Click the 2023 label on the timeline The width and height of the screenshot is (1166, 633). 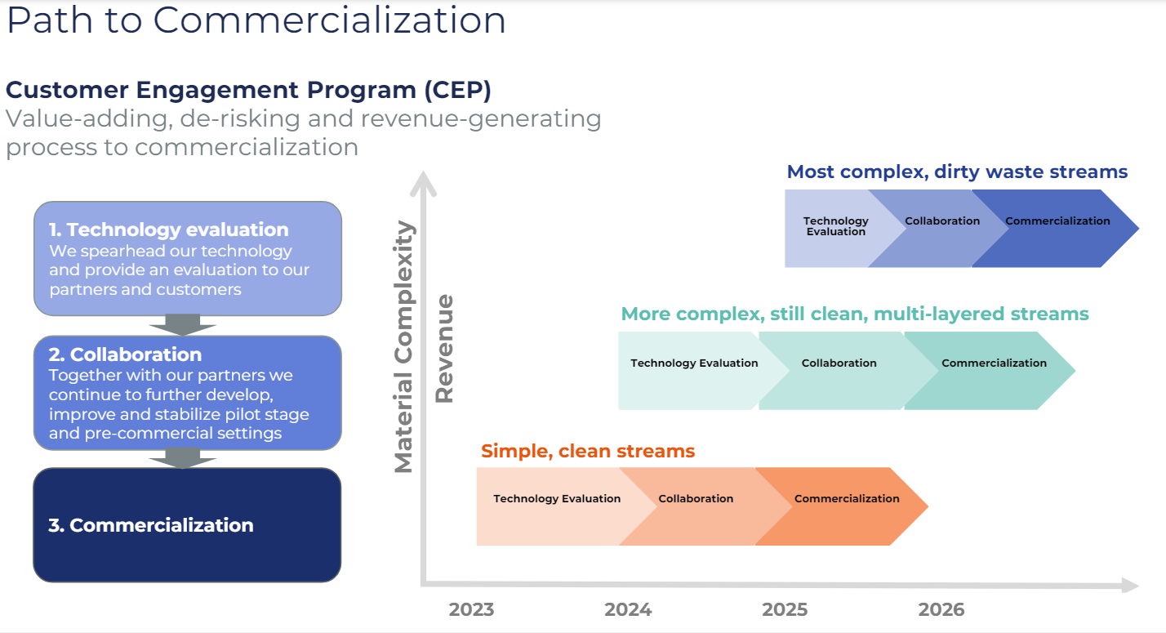pos(471,609)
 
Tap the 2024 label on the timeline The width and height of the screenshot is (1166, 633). pos(628,609)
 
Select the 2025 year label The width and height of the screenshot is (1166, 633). pos(785,609)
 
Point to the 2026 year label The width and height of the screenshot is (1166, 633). pos(941,609)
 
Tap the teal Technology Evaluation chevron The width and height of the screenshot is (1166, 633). pos(697,371)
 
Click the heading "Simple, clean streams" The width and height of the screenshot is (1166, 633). pos(588,451)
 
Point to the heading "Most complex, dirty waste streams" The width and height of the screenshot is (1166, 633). pos(957,172)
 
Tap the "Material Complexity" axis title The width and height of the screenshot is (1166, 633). pos(404,346)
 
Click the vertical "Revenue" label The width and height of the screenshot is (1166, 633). pos(444,349)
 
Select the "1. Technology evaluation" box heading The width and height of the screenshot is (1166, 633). pos(169,230)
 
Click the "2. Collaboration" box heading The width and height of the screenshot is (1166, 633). pos(125,354)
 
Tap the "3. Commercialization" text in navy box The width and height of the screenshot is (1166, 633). pos(151,525)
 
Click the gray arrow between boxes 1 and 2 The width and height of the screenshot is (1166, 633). pos(183,325)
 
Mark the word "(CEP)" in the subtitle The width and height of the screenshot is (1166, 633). pos(457,90)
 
